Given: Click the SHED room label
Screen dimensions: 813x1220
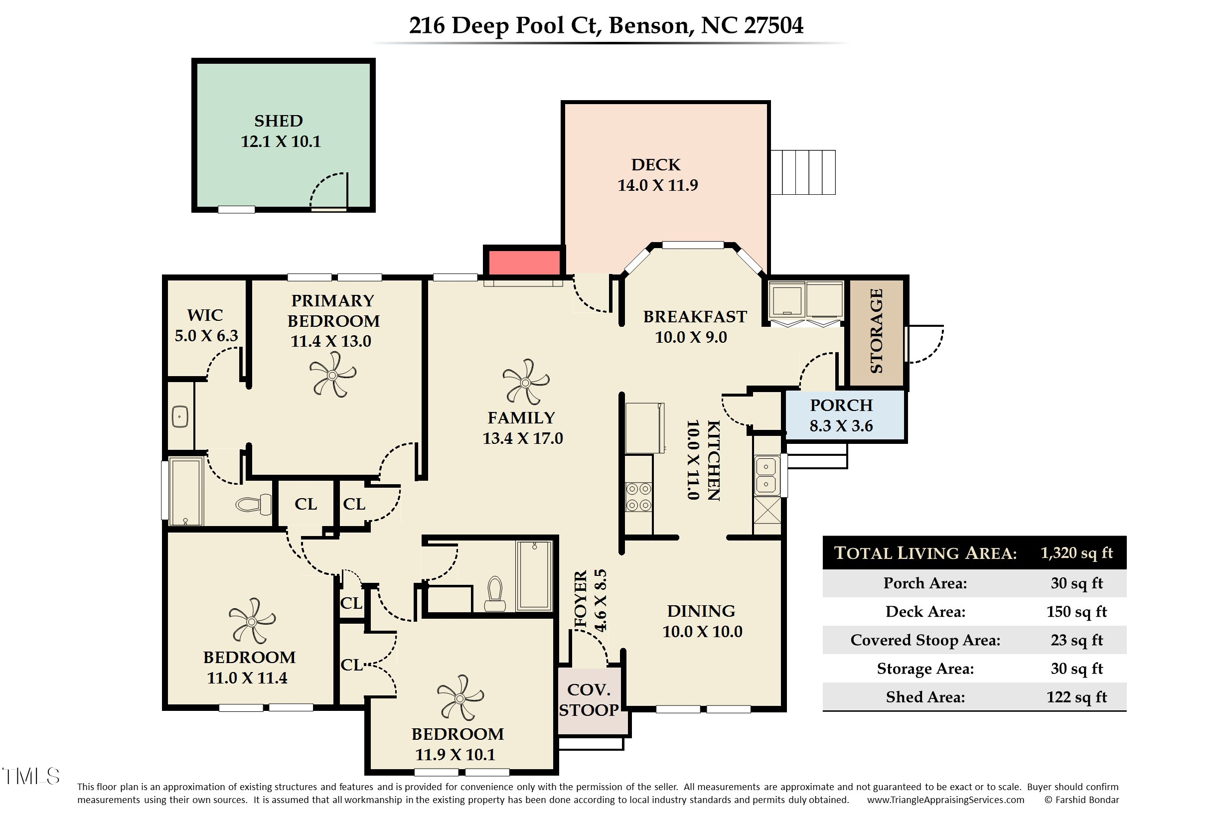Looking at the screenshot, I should [x=279, y=121].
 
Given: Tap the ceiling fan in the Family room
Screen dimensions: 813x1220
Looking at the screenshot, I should [x=525, y=383].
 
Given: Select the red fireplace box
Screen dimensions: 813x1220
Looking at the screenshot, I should [x=524, y=263].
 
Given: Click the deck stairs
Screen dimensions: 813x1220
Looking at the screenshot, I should [x=802, y=172].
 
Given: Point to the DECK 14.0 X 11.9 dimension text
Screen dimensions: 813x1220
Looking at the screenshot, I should [x=657, y=185].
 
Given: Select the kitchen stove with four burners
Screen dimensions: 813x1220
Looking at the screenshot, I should [x=638, y=497].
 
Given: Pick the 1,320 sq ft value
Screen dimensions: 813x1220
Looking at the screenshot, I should [x=1076, y=553].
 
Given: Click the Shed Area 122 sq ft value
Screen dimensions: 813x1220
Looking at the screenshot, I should [x=1076, y=697].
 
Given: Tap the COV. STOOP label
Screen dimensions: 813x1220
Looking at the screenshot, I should [x=589, y=699].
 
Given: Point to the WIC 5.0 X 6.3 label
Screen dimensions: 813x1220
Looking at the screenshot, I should [x=206, y=325].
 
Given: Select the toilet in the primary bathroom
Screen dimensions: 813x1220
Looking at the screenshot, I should [x=254, y=504].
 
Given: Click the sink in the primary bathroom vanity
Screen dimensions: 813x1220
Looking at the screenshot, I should [x=179, y=416].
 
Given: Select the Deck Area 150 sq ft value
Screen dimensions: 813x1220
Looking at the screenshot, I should [x=1076, y=612].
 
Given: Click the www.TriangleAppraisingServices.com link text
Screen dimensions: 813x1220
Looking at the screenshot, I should [x=945, y=800].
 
